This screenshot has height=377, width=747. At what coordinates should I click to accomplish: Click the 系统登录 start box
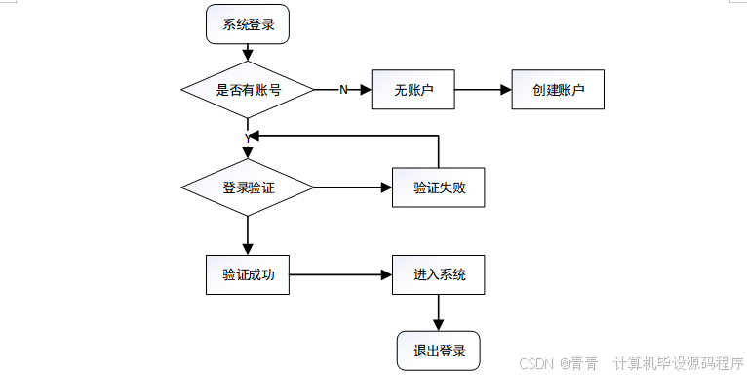248,24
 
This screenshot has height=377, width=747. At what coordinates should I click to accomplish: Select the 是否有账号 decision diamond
248,90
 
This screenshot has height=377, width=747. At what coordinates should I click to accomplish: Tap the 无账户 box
413,90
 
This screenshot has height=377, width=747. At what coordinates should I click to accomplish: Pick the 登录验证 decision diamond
248,188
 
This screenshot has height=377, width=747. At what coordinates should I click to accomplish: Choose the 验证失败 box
438,188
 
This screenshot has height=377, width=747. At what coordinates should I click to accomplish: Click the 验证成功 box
248,275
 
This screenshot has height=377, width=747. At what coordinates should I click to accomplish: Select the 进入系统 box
438,275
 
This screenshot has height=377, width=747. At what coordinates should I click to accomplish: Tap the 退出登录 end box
438,351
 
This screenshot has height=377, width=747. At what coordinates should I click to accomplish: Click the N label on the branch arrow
343,90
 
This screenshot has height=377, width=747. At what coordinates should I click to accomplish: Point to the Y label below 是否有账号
248,136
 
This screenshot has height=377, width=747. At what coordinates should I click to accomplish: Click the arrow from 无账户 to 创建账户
484,90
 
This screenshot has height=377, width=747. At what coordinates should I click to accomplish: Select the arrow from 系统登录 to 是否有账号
248,54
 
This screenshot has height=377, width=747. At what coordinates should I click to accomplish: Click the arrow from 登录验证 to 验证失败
352,188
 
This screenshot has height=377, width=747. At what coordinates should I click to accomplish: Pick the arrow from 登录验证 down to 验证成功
248,235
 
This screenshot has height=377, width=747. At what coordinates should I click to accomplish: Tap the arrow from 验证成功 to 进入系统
340,275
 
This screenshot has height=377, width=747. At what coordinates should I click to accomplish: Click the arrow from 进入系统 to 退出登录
438,313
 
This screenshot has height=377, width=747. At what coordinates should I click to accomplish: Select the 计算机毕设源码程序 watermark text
679,362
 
